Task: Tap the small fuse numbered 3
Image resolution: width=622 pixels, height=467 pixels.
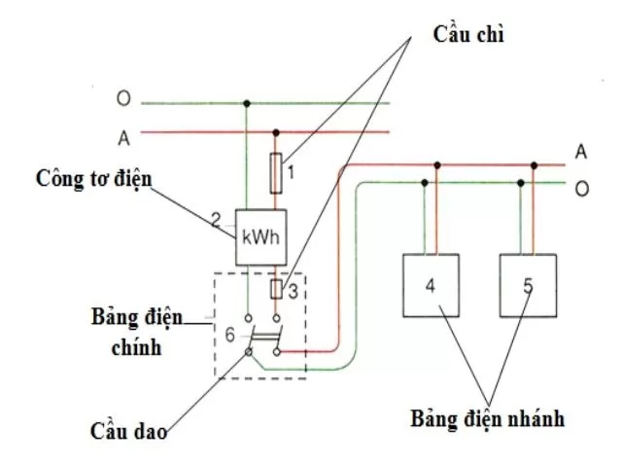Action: [277, 290]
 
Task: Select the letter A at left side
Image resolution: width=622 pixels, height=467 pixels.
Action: [123, 138]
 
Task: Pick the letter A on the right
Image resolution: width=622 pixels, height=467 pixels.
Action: [581, 152]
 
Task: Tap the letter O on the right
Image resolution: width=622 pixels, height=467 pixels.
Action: [581, 188]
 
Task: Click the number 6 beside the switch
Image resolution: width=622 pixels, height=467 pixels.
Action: [229, 334]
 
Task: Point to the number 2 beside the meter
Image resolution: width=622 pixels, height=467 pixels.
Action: [217, 221]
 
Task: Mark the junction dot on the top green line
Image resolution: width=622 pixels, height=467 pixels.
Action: [247, 102]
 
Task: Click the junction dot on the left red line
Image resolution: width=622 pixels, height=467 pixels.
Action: [277, 132]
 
